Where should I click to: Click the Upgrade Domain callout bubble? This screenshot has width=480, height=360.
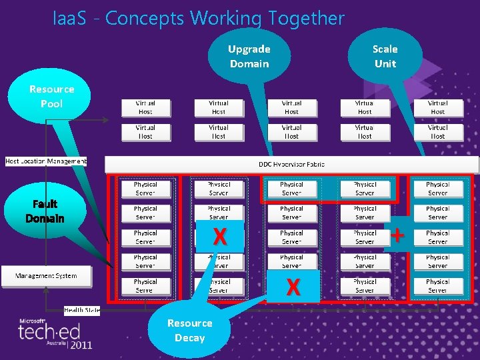point(249,56)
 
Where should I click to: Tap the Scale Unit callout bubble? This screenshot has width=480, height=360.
point(385,56)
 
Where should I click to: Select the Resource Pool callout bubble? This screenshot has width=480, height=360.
point(51,97)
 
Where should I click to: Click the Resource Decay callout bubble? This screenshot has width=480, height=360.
point(190,331)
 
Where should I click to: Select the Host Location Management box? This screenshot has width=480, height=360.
point(45,161)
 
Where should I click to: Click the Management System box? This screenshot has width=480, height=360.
point(46,275)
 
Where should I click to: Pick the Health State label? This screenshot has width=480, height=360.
point(82,311)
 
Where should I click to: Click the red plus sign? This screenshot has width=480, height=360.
point(397,235)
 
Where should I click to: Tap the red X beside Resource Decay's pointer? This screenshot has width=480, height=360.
point(219,237)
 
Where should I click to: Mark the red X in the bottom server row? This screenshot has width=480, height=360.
point(292,287)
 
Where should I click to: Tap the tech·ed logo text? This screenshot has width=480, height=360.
point(49,331)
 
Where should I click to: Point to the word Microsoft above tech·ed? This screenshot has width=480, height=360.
point(33,320)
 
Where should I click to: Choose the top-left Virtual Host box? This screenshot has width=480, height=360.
point(145,107)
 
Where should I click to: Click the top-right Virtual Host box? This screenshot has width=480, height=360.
point(437,107)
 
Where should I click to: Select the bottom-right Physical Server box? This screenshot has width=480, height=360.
point(437,286)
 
